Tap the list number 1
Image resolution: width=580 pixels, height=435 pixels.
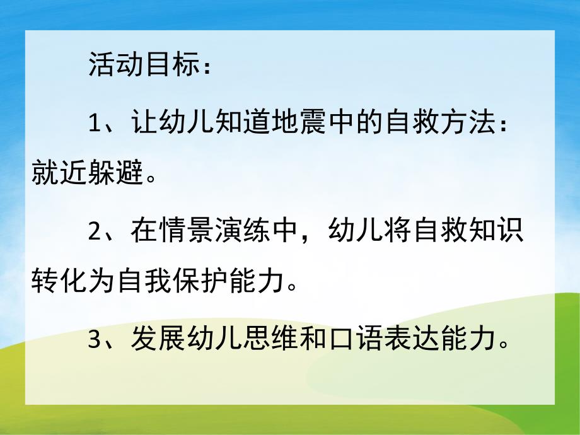[95, 122]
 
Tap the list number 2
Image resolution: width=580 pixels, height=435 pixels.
[95, 231]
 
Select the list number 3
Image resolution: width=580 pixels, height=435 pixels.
[95, 340]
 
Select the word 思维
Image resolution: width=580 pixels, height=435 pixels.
[274, 340]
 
